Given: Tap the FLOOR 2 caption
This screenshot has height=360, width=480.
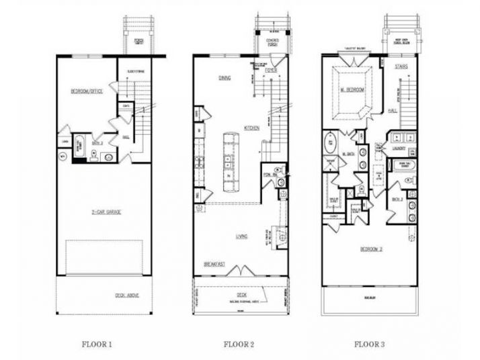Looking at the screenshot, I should click(238, 345).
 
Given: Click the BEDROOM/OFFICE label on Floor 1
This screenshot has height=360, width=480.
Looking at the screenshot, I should click(87, 91).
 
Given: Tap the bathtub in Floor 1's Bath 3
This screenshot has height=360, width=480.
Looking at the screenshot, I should click(79, 146).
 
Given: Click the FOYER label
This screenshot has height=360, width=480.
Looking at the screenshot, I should click(271, 70).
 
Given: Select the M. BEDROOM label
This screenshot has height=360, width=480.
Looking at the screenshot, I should click(352, 90).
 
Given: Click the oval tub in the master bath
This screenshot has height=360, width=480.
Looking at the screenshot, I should click(330, 144).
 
